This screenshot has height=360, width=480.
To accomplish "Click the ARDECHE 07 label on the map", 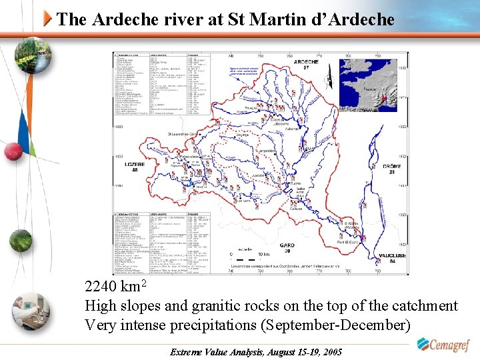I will point(306,64).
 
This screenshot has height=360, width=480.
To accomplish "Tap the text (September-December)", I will point(335,326).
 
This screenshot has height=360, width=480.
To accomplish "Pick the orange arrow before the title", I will point(48,19).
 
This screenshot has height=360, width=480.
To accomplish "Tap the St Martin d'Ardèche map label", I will point(352,225).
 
